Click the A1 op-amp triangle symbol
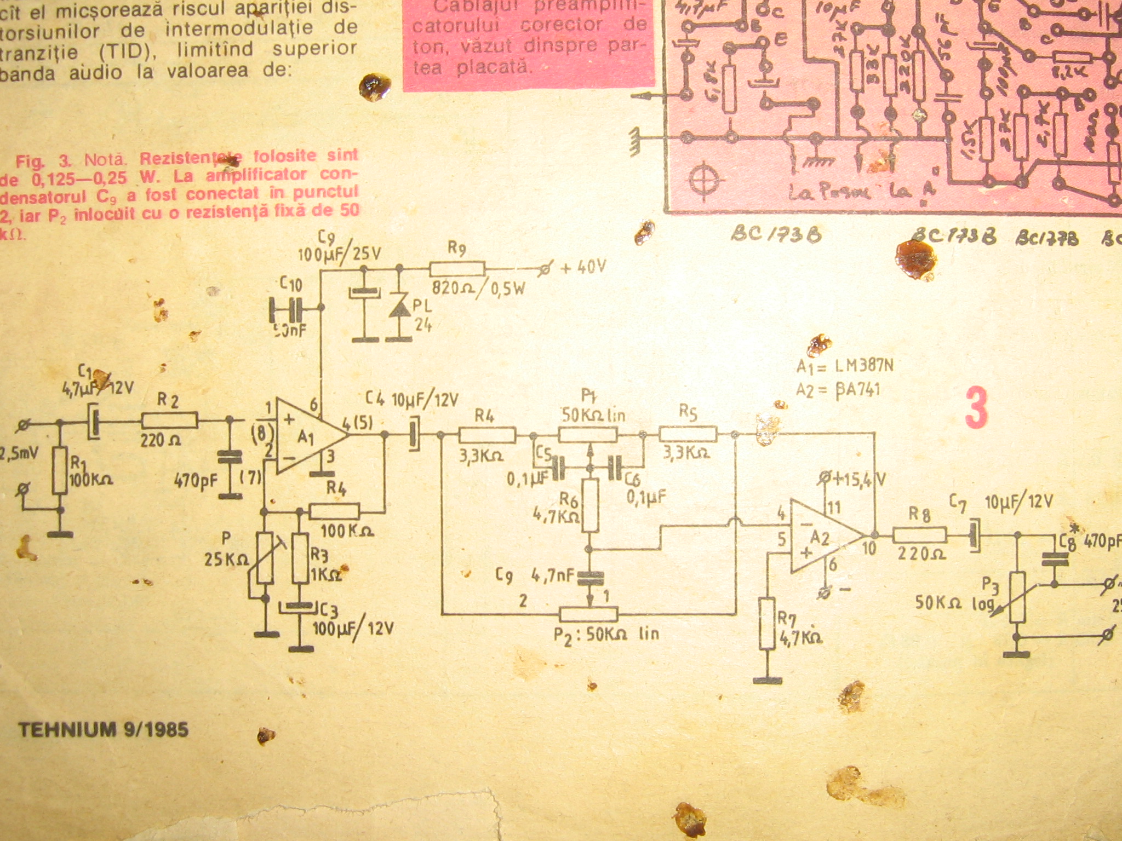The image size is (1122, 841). (x=307, y=436)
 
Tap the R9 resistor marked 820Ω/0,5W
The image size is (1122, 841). (x=457, y=269)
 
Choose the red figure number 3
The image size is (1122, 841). (x=976, y=407)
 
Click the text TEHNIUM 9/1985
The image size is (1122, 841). (x=104, y=729)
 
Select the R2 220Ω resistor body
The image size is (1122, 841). (x=170, y=421)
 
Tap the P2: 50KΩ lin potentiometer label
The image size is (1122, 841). (x=605, y=635)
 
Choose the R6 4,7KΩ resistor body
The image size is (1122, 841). (x=590, y=505)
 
